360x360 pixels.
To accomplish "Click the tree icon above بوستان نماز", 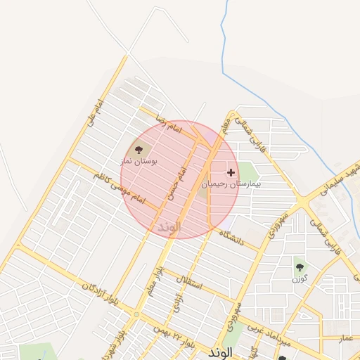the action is coord(138,149).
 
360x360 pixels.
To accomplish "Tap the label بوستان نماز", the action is coord(141,161).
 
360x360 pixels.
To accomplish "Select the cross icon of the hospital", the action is coord(231,172).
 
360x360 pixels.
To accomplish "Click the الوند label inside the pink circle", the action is coord(169,227).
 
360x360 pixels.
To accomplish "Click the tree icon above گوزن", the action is coord(300,266).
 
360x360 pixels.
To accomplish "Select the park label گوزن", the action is coord(300,278).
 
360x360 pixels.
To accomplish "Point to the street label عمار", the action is coord(347,338).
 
